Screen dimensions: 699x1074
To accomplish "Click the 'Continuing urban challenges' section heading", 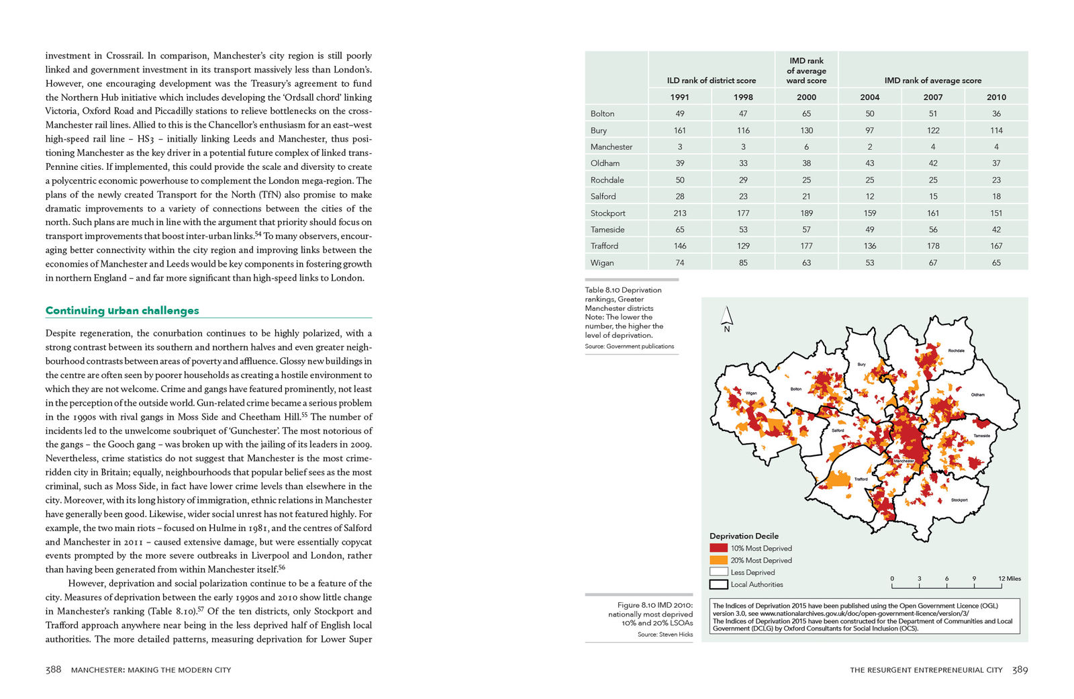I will (122, 310).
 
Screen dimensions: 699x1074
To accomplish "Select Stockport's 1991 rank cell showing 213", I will (679, 213).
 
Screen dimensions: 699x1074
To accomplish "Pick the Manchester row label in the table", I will (611, 146).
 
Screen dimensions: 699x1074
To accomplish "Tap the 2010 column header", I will (995, 97).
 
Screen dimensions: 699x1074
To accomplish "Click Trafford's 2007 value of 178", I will (932, 246).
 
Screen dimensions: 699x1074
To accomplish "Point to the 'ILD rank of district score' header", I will (711, 81).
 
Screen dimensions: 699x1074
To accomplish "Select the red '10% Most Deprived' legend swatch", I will (718, 548).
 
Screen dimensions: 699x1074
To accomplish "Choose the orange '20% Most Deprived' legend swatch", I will (718, 560).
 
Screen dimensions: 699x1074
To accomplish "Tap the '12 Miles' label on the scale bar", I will (1009, 578).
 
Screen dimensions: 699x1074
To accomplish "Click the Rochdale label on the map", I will (956, 351).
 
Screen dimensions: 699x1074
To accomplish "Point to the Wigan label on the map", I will (750, 393).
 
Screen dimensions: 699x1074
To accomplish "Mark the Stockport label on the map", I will (959, 500).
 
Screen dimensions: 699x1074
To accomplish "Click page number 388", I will (53, 669).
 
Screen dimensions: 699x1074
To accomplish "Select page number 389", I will (1020, 669).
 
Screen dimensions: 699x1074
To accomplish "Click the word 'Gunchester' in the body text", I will (252, 430).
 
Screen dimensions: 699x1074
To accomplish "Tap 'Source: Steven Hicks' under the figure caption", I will (665, 634).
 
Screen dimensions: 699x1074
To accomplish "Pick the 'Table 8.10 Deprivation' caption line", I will (623, 290).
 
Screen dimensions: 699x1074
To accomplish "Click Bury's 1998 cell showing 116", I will (742, 130).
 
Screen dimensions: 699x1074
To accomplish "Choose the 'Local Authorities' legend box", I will (718, 584).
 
